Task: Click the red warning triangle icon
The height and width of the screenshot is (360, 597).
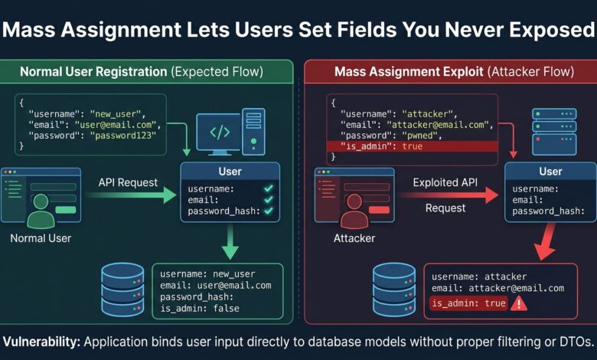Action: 519,304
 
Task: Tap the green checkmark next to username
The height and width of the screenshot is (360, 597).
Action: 269,188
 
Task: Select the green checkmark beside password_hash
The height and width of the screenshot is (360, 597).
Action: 269,211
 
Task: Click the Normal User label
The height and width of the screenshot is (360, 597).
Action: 41,238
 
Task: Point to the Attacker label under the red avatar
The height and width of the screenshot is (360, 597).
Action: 354,238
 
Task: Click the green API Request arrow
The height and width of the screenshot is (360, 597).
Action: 132,195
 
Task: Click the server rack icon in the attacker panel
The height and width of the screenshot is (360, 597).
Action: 554,132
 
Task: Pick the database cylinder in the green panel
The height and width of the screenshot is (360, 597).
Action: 122,290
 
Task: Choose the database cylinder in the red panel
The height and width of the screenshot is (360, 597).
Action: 394,290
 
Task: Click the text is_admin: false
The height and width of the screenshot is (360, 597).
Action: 200,308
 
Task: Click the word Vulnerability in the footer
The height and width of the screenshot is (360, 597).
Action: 41,342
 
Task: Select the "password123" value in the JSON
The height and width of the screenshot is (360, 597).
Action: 123,136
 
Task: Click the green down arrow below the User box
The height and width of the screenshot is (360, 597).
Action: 230,242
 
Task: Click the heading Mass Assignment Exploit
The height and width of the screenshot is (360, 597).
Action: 409,72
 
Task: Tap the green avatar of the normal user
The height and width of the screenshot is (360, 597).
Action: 41,211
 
